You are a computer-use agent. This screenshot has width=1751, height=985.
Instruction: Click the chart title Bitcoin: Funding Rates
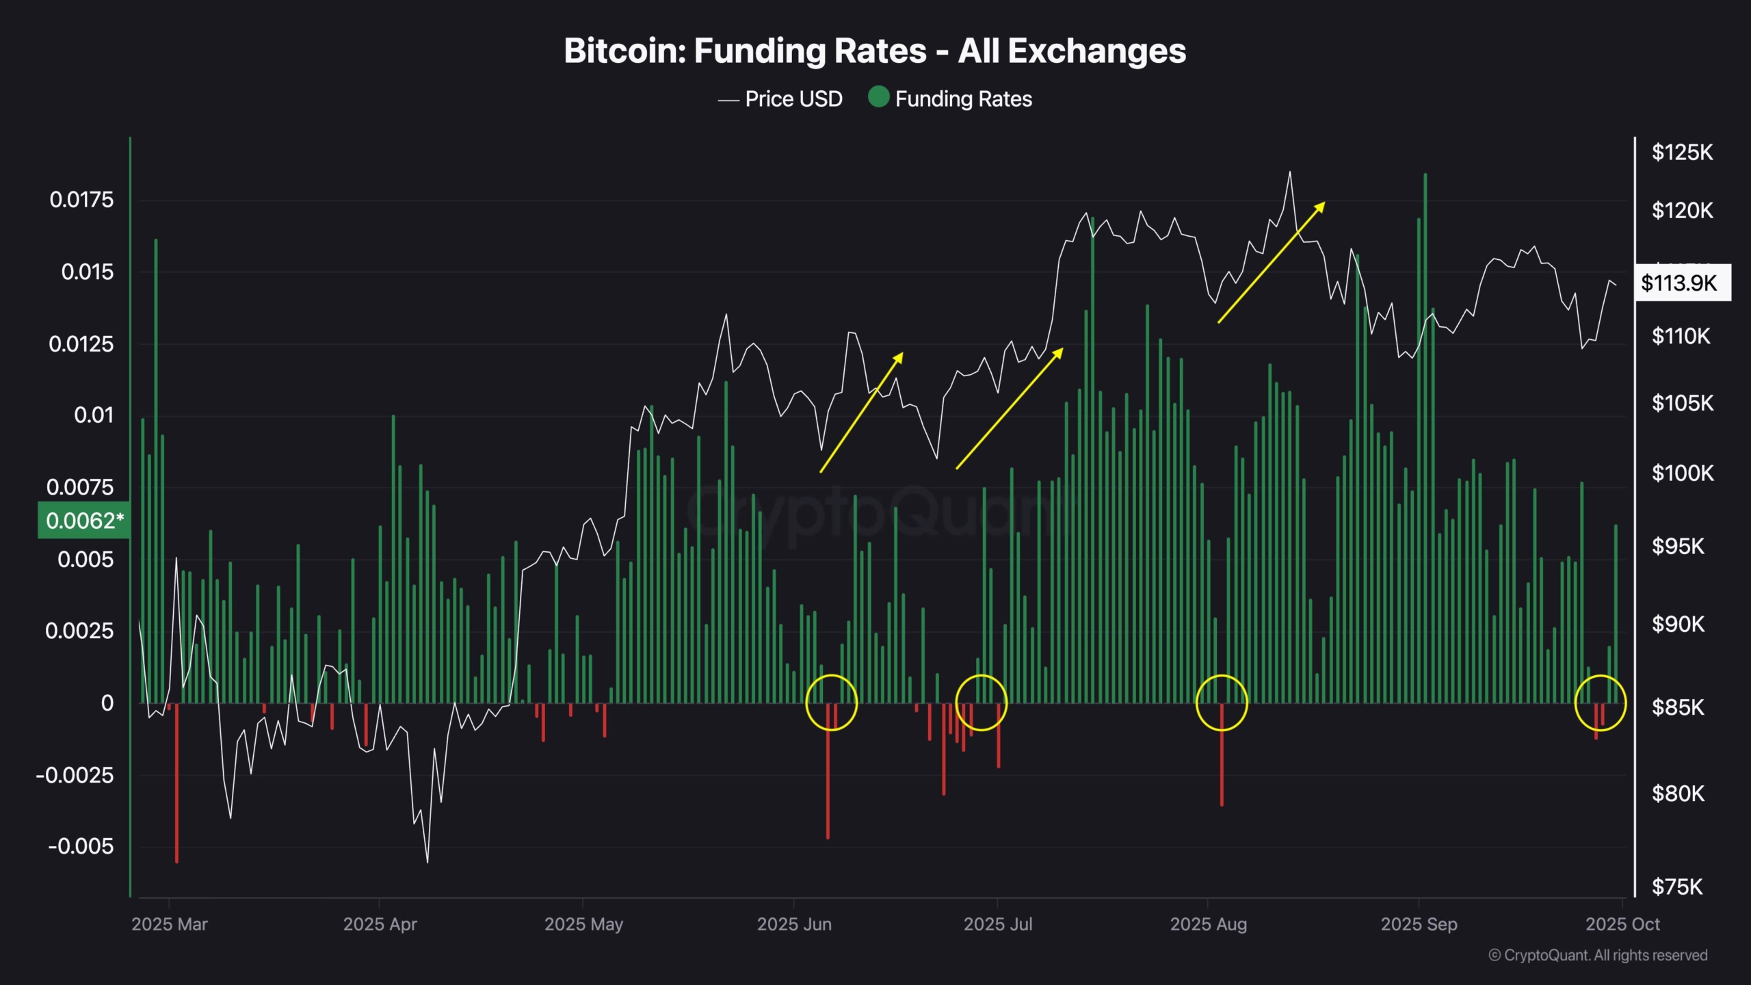875,51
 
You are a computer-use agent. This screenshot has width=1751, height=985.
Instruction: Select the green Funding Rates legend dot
878,97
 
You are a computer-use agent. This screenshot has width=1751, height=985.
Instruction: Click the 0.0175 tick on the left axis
81,200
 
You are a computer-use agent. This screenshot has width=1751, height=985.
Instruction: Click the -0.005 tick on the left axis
80,846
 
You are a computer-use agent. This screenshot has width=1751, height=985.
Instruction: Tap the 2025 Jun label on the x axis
793,924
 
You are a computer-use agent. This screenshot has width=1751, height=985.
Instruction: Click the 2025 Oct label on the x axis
1622,924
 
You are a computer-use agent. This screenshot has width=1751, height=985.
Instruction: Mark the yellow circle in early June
831,702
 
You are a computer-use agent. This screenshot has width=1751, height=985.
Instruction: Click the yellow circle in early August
1222,702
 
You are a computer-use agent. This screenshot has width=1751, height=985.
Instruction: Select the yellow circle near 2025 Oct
1600,702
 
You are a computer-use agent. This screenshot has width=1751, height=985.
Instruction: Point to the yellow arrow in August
1271,263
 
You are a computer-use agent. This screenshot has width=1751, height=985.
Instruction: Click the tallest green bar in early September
1425,438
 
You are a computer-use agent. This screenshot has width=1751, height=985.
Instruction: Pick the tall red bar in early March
176,783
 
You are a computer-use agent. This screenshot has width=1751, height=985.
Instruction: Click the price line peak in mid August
1290,172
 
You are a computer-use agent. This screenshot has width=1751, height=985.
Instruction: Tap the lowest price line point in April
427,861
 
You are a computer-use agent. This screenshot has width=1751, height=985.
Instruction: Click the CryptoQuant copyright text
1597,955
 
